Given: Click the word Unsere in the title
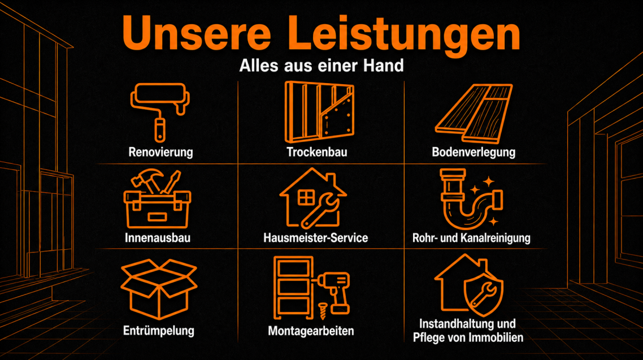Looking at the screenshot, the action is (197, 33).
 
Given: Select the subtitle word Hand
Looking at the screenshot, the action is (384, 66).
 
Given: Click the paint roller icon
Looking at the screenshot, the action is (160, 111).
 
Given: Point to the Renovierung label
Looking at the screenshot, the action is (160, 152).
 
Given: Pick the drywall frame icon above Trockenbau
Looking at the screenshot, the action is (319, 112).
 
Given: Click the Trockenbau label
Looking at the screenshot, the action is (317, 152).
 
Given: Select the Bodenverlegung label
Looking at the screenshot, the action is (473, 152).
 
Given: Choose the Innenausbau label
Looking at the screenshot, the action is (158, 238).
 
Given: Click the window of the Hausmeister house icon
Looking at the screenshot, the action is (306, 197).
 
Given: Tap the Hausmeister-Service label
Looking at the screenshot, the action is (316, 238).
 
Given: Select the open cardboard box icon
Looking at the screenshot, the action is (159, 289).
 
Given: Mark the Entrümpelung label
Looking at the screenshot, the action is (159, 331).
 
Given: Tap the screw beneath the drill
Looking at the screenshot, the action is (322, 311).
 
